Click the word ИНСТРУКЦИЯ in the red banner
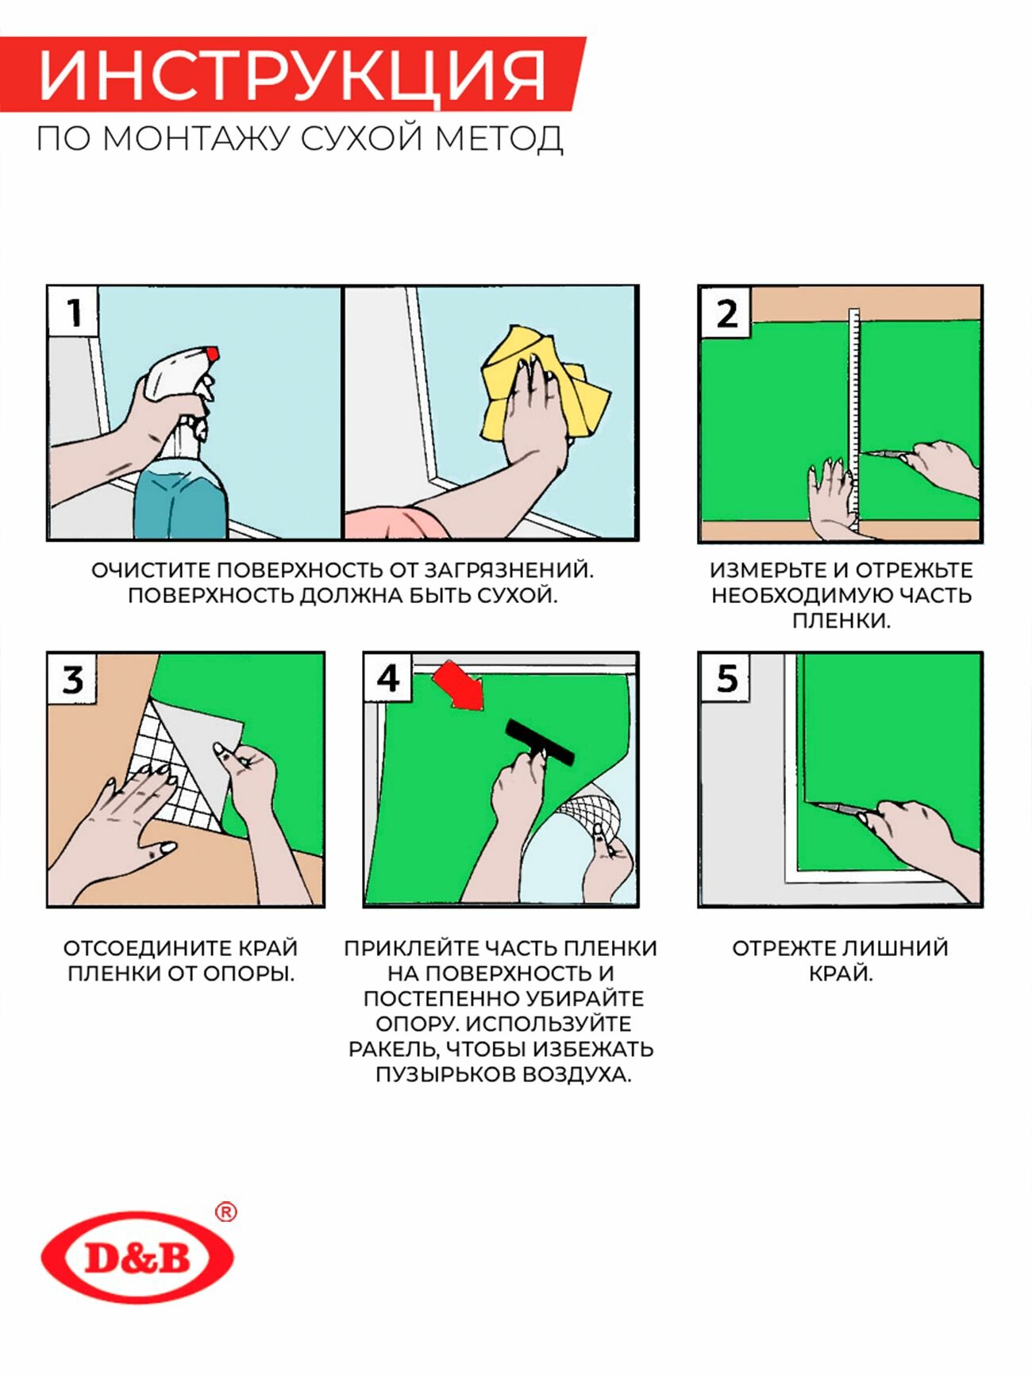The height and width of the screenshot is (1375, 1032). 291,76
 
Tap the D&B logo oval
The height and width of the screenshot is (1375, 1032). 137,1257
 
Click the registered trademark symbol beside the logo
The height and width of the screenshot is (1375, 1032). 226,1212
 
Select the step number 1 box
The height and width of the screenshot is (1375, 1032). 74,312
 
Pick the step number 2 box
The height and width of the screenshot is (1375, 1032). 726,313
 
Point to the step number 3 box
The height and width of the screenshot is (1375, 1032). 72,679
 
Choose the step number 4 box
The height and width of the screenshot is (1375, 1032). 387,678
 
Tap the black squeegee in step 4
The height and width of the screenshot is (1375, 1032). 540,742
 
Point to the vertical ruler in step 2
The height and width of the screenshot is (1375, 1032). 855,420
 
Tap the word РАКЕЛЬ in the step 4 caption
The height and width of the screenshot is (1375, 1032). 394,1049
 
